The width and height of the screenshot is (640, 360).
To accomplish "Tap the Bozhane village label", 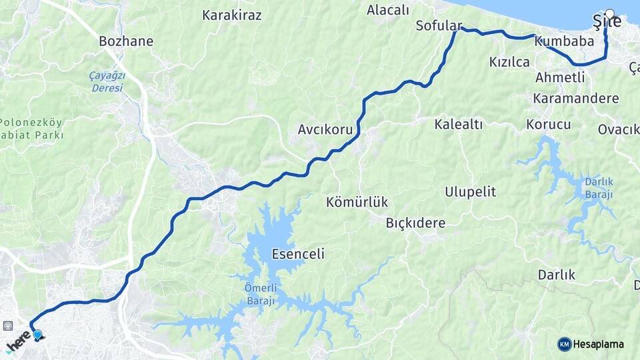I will pyautogui.click(x=126, y=41).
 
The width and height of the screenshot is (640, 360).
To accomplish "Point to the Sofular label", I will pyautogui.click(x=438, y=26).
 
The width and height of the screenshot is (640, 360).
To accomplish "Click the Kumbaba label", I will pyautogui.click(x=564, y=41).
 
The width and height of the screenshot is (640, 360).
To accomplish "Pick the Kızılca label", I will pyautogui.click(x=509, y=62).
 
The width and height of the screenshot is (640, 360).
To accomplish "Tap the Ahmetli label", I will pyautogui.click(x=560, y=77).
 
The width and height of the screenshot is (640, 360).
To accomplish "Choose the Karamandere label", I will pyautogui.click(x=576, y=98).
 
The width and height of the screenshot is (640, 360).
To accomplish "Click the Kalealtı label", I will pyautogui.click(x=459, y=124).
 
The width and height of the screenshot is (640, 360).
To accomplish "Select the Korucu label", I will pyautogui.click(x=549, y=125).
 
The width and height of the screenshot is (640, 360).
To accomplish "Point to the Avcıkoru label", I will pyautogui.click(x=325, y=129).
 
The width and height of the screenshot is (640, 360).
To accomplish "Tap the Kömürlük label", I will pyautogui.click(x=357, y=201).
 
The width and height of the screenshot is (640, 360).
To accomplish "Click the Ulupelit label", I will pyautogui.click(x=471, y=192).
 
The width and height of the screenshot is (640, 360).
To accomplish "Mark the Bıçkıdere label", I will pyautogui.click(x=415, y=223).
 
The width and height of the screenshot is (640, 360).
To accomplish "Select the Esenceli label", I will pyautogui.click(x=298, y=254).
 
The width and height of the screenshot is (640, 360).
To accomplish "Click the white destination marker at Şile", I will pyautogui.click(x=609, y=13).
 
